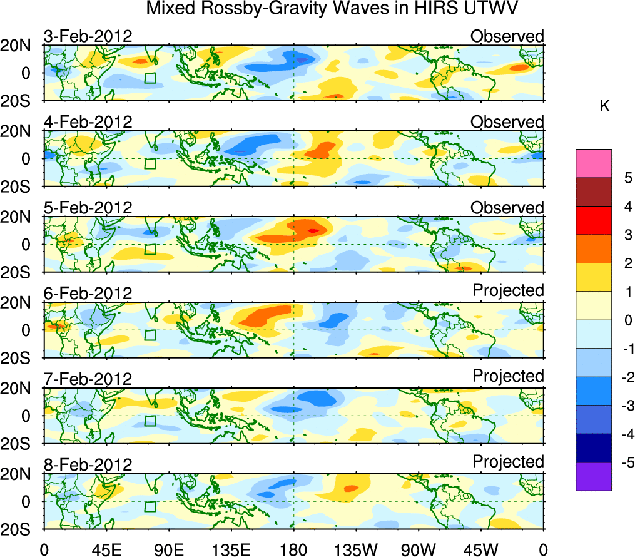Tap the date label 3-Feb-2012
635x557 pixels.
click(88, 36)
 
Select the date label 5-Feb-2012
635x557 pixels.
click(88, 208)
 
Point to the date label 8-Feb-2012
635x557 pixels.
click(88, 465)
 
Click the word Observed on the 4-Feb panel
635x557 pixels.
click(507, 122)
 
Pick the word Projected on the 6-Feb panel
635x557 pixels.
click(508, 290)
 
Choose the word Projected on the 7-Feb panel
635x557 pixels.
click(508, 376)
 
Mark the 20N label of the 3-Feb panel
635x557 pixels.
click(21, 46)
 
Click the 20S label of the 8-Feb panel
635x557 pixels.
click(21, 529)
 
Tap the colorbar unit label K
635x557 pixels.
click(604, 106)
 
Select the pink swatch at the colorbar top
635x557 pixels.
click(593, 164)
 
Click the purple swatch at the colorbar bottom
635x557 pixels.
click(593, 476)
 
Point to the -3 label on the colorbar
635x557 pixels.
click(622, 406)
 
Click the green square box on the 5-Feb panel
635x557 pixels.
click(150, 249)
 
